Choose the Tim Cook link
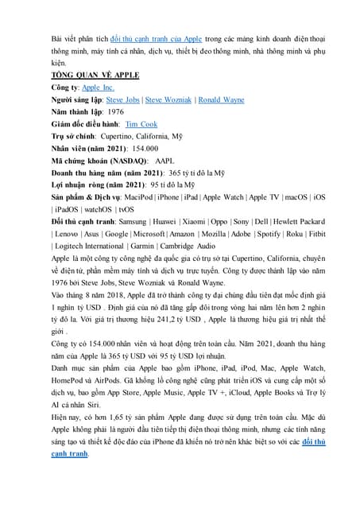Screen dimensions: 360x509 click(141, 124)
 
